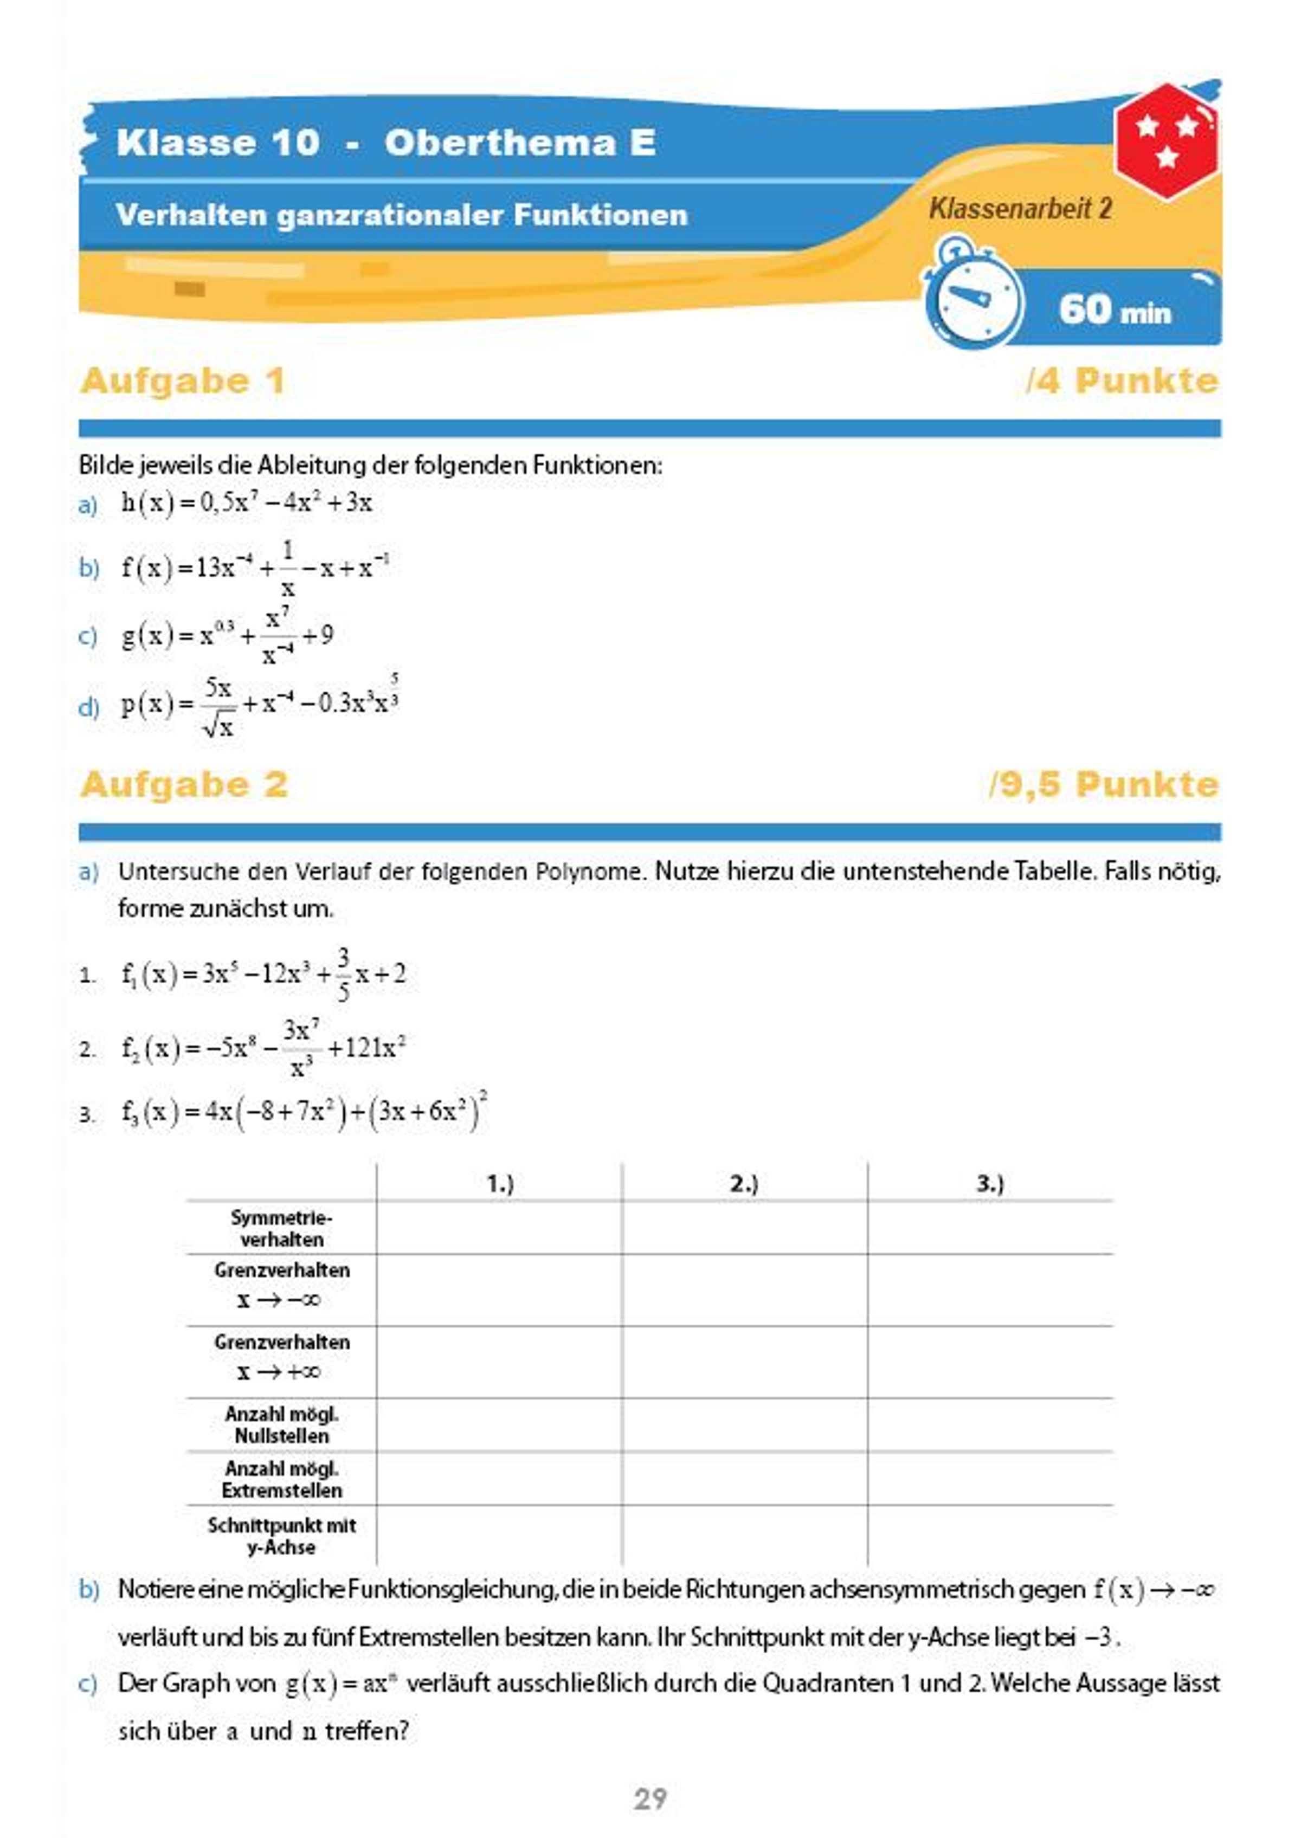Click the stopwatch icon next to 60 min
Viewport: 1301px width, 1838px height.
974,299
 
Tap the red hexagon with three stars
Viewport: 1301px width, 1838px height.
1167,141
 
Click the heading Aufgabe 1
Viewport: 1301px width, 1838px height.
183,381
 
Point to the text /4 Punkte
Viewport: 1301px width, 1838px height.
1122,381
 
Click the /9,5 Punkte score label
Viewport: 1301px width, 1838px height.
1103,784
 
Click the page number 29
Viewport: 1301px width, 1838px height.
650,1799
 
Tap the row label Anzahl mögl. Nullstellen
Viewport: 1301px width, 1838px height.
281,1425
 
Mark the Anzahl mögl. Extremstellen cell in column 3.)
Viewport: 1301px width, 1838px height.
989,1479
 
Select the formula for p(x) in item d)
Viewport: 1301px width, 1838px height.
260,705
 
